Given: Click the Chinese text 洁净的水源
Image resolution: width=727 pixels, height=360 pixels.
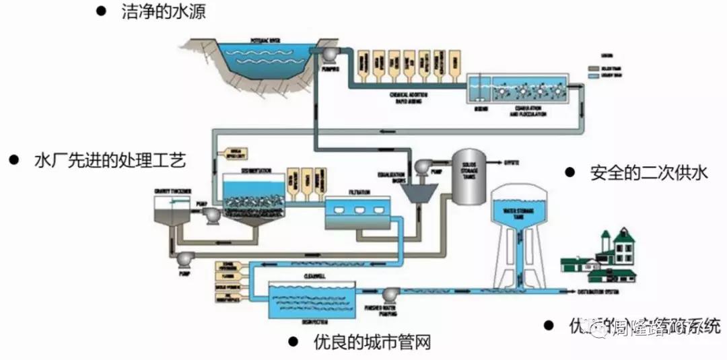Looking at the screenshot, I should tap(162, 11).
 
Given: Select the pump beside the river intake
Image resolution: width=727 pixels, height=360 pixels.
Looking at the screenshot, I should tap(329, 53).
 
